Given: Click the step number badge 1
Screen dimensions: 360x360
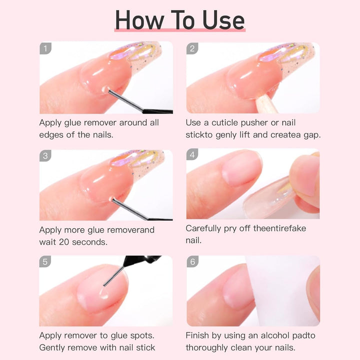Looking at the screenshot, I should tap(46, 48).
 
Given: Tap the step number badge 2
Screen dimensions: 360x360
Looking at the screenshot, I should tap(193, 48).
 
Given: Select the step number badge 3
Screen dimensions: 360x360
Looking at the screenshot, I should tap(46, 156).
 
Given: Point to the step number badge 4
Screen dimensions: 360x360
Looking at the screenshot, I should tap(193, 156).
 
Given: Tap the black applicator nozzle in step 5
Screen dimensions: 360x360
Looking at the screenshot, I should tap(142, 261).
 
